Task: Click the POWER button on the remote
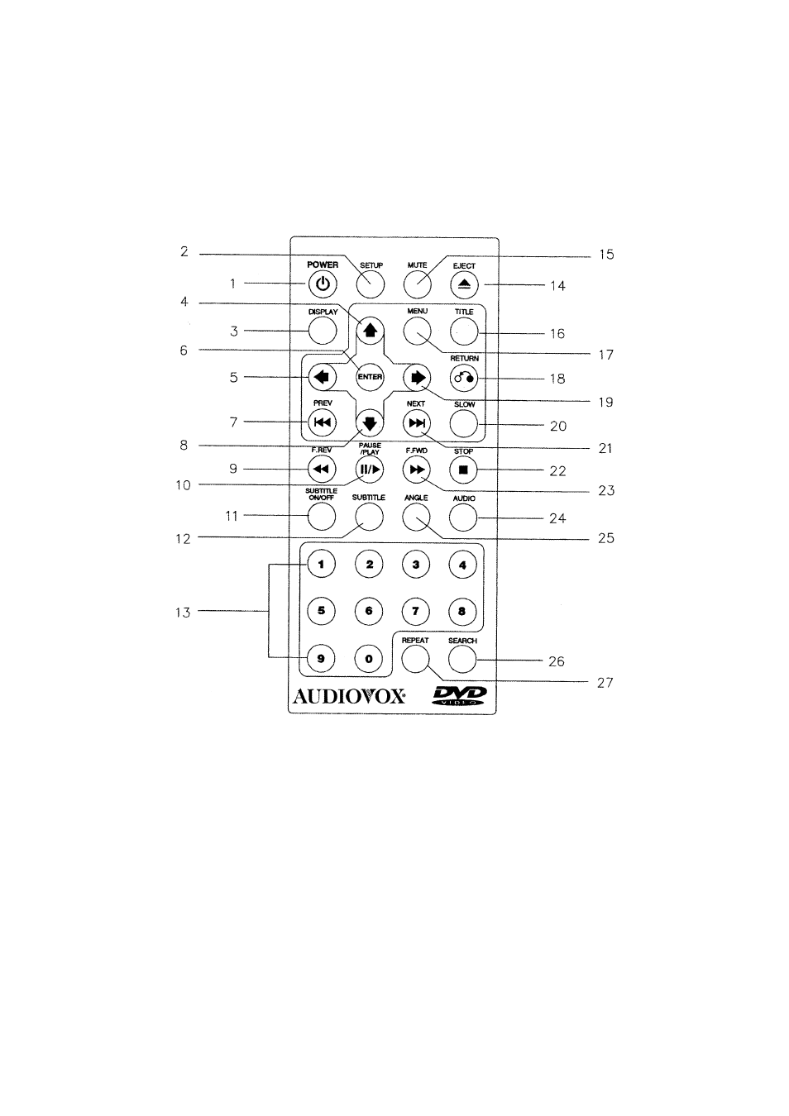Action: (323, 284)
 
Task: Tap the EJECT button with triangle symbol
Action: (464, 284)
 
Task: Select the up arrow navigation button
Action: (370, 331)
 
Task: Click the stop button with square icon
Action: (463, 470)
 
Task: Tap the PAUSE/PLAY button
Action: (370, 470)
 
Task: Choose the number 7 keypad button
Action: (416, 611)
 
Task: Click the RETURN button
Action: (463, 378)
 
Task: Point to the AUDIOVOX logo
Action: (349, 696)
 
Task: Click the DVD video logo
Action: (459, 695)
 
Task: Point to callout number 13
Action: (183, 613)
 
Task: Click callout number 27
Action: (605, 683)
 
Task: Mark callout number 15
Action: (606, 255)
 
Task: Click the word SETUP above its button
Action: (371, 265)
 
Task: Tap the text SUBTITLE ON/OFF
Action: (322, 494)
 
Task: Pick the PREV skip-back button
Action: (323, 423)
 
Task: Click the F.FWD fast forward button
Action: (417, 470)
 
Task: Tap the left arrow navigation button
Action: (322, 377)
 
